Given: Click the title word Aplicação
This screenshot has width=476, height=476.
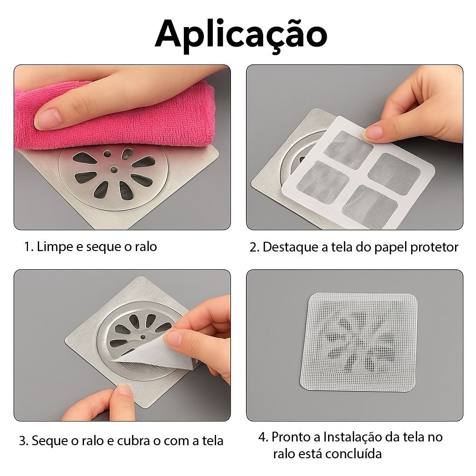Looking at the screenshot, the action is tap(241, 35).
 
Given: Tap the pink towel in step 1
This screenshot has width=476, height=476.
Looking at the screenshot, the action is tap(115, 115).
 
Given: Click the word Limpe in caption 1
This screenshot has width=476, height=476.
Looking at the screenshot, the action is tap(55, 246).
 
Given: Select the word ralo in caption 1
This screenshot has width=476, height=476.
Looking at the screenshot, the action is tap(146, 246).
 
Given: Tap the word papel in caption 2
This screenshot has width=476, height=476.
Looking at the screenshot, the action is tap(391, 247).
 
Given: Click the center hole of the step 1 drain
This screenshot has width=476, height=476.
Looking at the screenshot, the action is tap(114, 169).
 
